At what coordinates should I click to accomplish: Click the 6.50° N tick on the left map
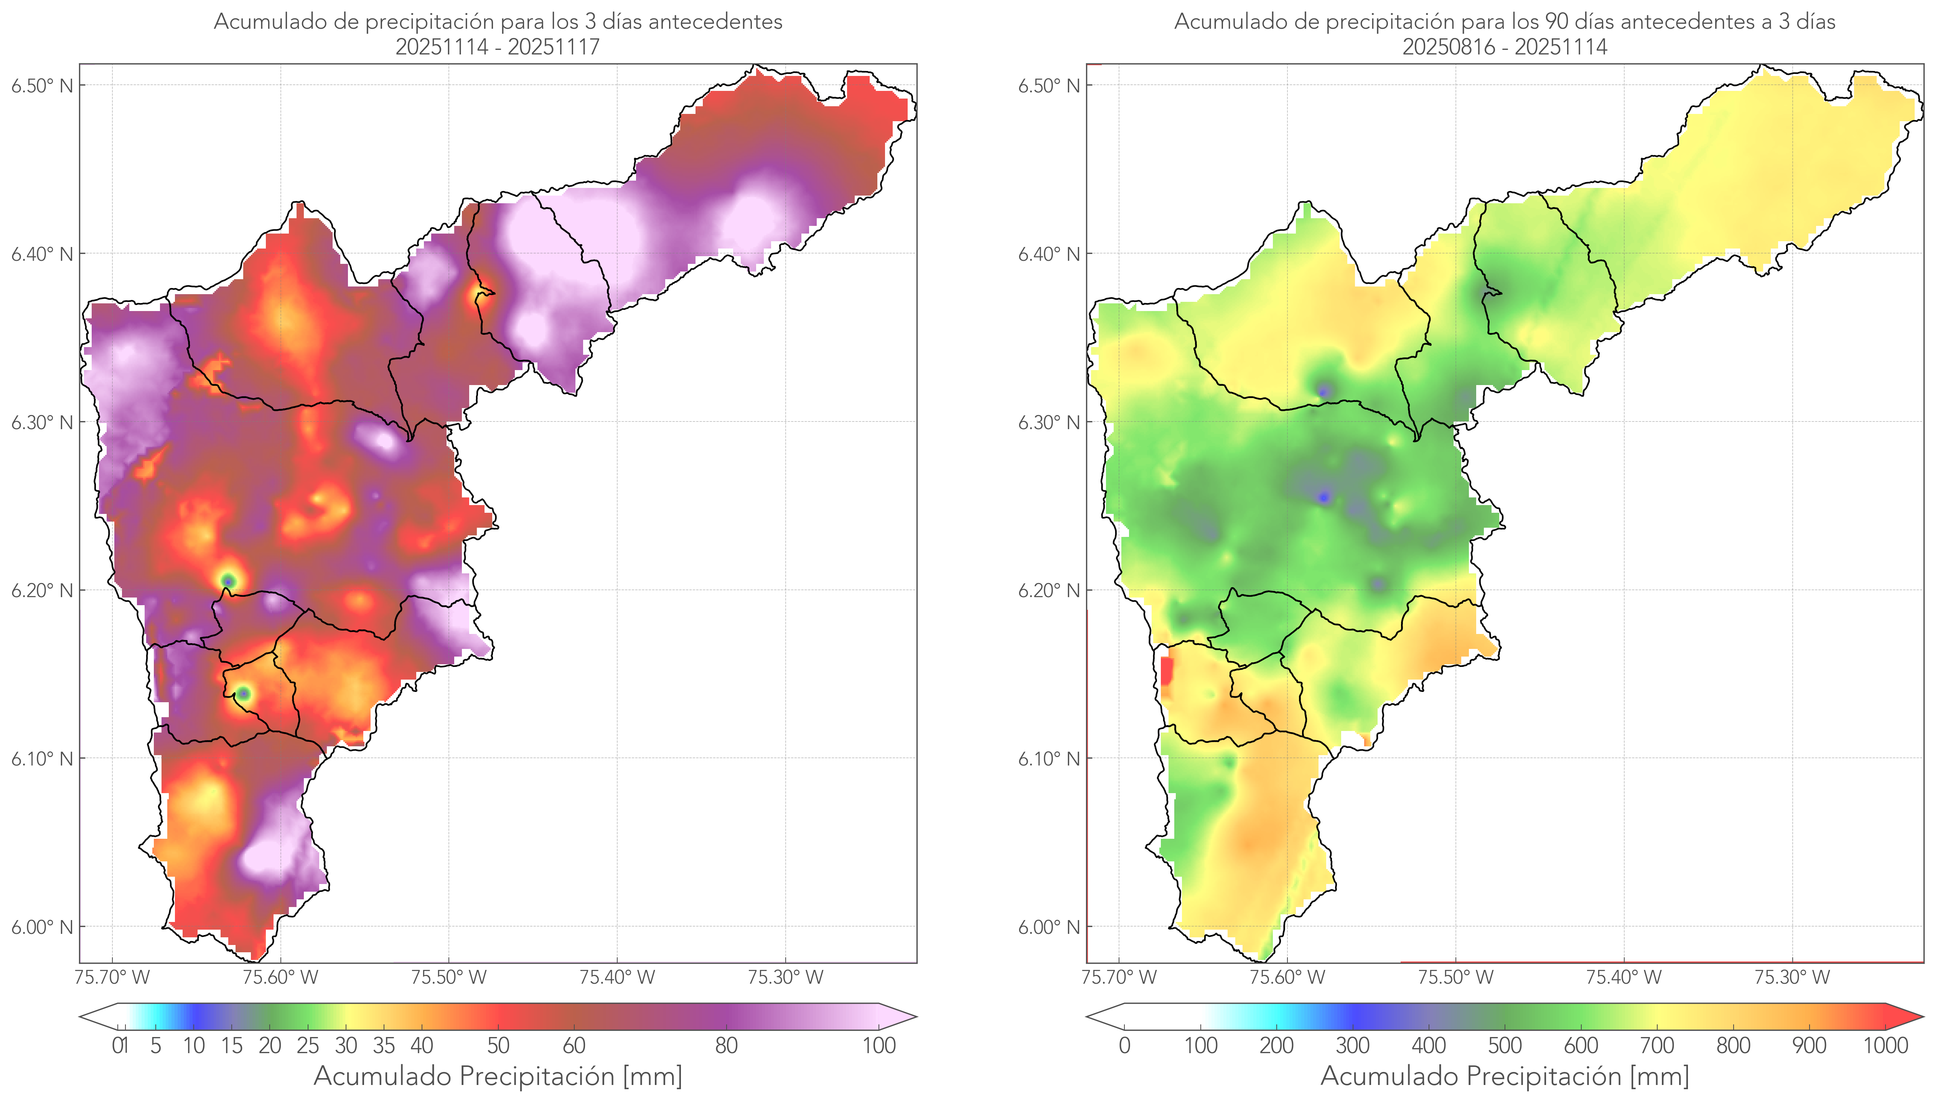(x=42, y=86)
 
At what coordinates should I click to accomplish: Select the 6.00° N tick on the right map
(x=1048, y=927)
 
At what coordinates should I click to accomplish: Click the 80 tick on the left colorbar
(x=726, y=1045)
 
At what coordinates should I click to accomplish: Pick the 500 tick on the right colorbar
(x=1505, y=1045)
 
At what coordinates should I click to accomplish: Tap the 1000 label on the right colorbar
(x=1885, y=1045)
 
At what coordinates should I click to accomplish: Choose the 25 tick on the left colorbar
(x=308, y=1045)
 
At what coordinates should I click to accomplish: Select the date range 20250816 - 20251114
(x=1505, y=47)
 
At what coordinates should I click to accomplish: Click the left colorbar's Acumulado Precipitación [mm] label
(x=498, y=1076)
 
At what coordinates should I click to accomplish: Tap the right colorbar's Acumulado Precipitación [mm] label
(x=1505, y=1076)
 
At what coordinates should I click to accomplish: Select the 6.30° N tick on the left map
(x=42, y=422)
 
